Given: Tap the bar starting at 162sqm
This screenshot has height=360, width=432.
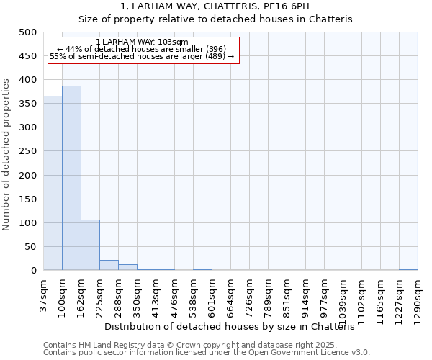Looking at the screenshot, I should tap(90, 245).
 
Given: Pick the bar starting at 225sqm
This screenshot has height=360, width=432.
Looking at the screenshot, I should tap(109, 265).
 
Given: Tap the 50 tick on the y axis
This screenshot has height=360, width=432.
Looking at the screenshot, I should tap(30, 247).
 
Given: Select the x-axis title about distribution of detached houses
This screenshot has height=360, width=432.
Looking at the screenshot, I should tap(235, 327).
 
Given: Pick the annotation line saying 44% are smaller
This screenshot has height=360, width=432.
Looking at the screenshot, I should tap(142, 49).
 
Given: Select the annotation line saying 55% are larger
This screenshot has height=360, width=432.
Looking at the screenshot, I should tap(142, 56).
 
